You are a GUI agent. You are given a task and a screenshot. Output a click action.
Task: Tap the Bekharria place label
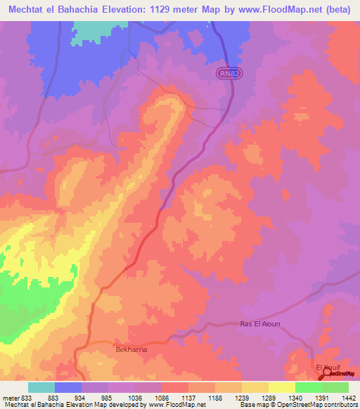129,349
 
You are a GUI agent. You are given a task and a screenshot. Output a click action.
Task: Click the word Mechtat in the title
30,9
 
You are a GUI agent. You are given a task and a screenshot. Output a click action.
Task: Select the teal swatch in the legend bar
41,387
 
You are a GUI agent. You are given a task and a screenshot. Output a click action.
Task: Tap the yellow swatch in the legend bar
281,387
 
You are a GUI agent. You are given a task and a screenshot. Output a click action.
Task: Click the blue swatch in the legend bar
68,387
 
